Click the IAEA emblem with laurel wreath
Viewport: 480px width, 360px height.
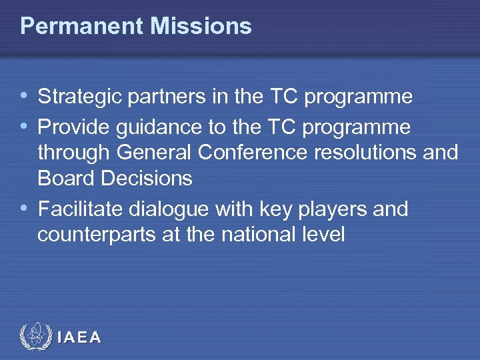pos(34,337)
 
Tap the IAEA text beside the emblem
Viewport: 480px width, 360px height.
pos(79,337)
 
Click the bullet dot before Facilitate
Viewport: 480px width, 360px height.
pos(25,208)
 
